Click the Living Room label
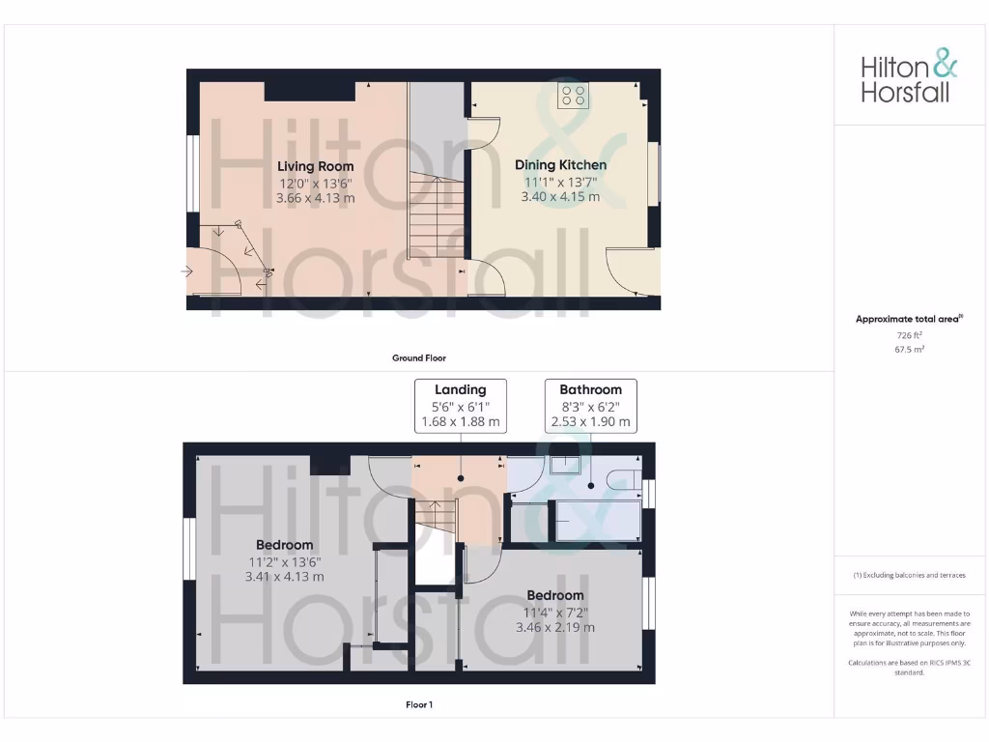point(316,166)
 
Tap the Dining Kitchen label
point(560,165)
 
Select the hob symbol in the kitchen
point(573,95)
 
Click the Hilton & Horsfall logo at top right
point(909,78)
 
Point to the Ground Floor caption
point(419,357)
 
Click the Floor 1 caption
point(419,705)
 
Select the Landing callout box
point(460,406)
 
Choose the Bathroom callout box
point(590,406)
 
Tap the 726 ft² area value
point(909,334)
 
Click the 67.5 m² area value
point(909,349)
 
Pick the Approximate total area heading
point(909,319)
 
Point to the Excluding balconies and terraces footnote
point(909,575)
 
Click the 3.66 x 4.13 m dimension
point(316,197)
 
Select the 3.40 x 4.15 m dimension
point(560,196)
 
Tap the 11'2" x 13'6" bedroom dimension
point(284,561)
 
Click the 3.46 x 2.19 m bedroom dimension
point(555,627)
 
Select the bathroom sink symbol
point(565,465)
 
